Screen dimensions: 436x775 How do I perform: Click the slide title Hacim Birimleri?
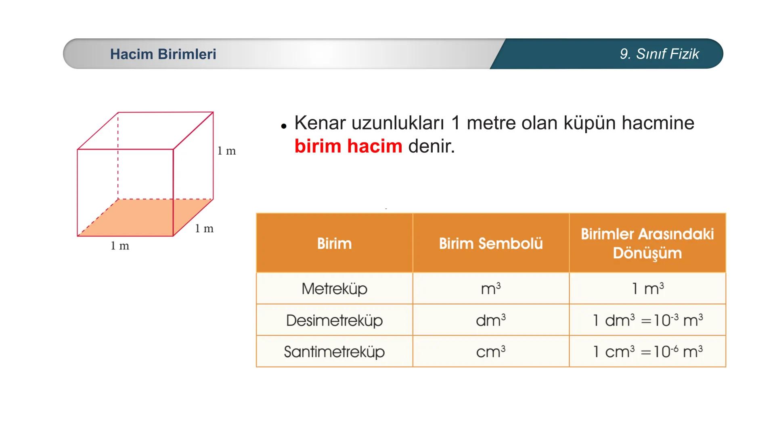point(163,54)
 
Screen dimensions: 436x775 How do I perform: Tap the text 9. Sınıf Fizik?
point(659,54)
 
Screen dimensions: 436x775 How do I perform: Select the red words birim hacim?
point(348,146)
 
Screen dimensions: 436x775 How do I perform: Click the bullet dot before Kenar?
point(284,126)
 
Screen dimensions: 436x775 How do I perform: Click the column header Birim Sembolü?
point(491,243)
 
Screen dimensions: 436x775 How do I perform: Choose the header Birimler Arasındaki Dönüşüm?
point(647,243)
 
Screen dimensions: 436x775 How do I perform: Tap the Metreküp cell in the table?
point(334,289)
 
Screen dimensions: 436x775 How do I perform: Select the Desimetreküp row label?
point(334,320)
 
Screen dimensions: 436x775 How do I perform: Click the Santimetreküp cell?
point(334,352)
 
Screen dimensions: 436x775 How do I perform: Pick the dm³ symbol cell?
point(491,320)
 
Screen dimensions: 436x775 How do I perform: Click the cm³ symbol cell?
point(491,352)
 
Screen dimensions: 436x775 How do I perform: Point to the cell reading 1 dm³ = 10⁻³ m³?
point(647,320)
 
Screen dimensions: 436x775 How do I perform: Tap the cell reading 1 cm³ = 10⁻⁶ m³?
point(647,352)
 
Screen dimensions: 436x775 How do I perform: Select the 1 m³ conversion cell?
point(647,289)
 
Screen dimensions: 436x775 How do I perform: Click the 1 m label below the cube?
point(120,246)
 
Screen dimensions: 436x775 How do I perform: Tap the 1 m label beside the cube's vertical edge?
point(226,151)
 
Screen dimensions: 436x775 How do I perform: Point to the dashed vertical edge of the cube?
point(118,161)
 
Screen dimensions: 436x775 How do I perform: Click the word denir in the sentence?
point(431,146)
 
